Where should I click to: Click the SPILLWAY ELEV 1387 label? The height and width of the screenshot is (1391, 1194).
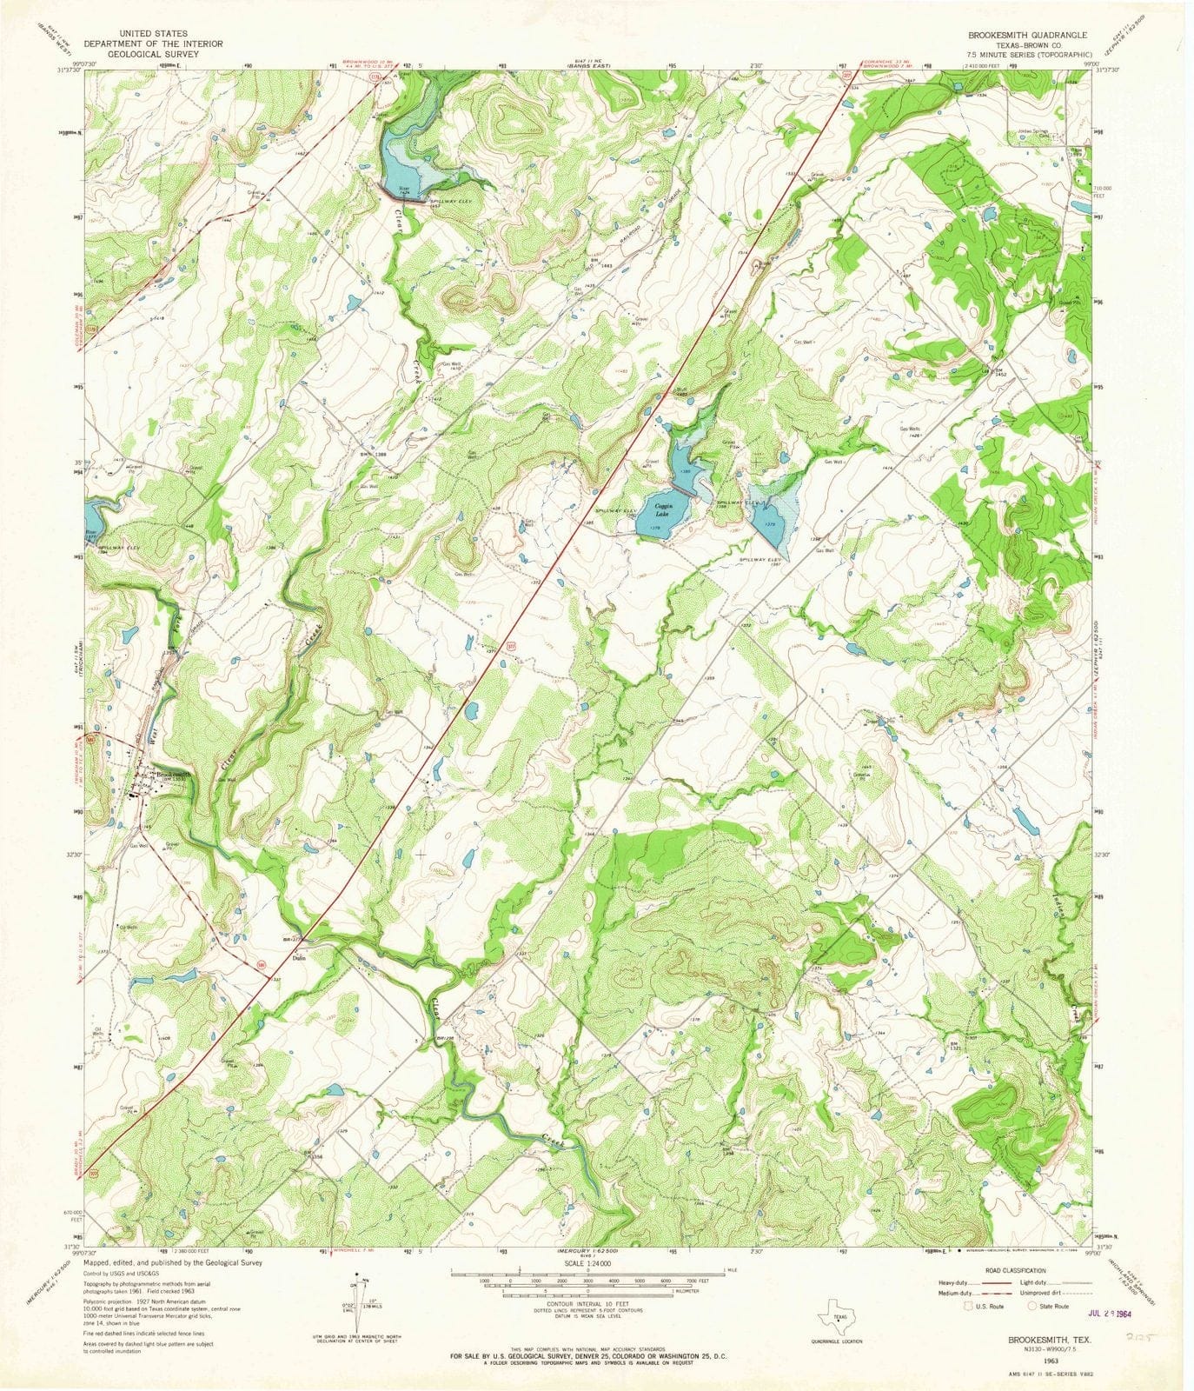(x=760, y=558)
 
